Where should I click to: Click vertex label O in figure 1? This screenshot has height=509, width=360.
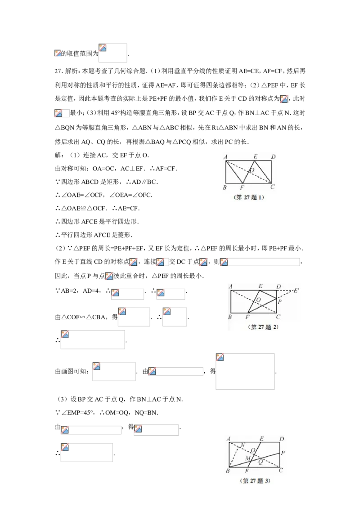pos(252,170)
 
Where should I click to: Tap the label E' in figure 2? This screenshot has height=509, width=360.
pos(296,290)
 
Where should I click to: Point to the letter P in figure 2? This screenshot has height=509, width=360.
pos(280,301)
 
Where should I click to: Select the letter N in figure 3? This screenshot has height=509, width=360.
pos(243,445)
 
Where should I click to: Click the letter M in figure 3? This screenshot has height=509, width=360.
pos(247,458)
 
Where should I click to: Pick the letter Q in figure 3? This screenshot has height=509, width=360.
pos(260,462)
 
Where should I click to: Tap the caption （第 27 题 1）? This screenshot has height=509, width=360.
pos(249,197)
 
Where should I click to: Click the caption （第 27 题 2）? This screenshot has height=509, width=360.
pos(263,327)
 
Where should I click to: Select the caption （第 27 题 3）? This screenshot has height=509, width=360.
pos(255,481)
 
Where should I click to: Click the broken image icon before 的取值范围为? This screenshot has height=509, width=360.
pos(58,53)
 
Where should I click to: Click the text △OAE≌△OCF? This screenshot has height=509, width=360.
pos(84,208)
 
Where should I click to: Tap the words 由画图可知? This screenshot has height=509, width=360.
pos(71,371)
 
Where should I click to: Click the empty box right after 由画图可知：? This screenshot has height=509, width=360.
pos(114,371)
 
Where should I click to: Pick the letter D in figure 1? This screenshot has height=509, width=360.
pos(273,157)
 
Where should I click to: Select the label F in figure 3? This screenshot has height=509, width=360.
pos(247,470)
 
